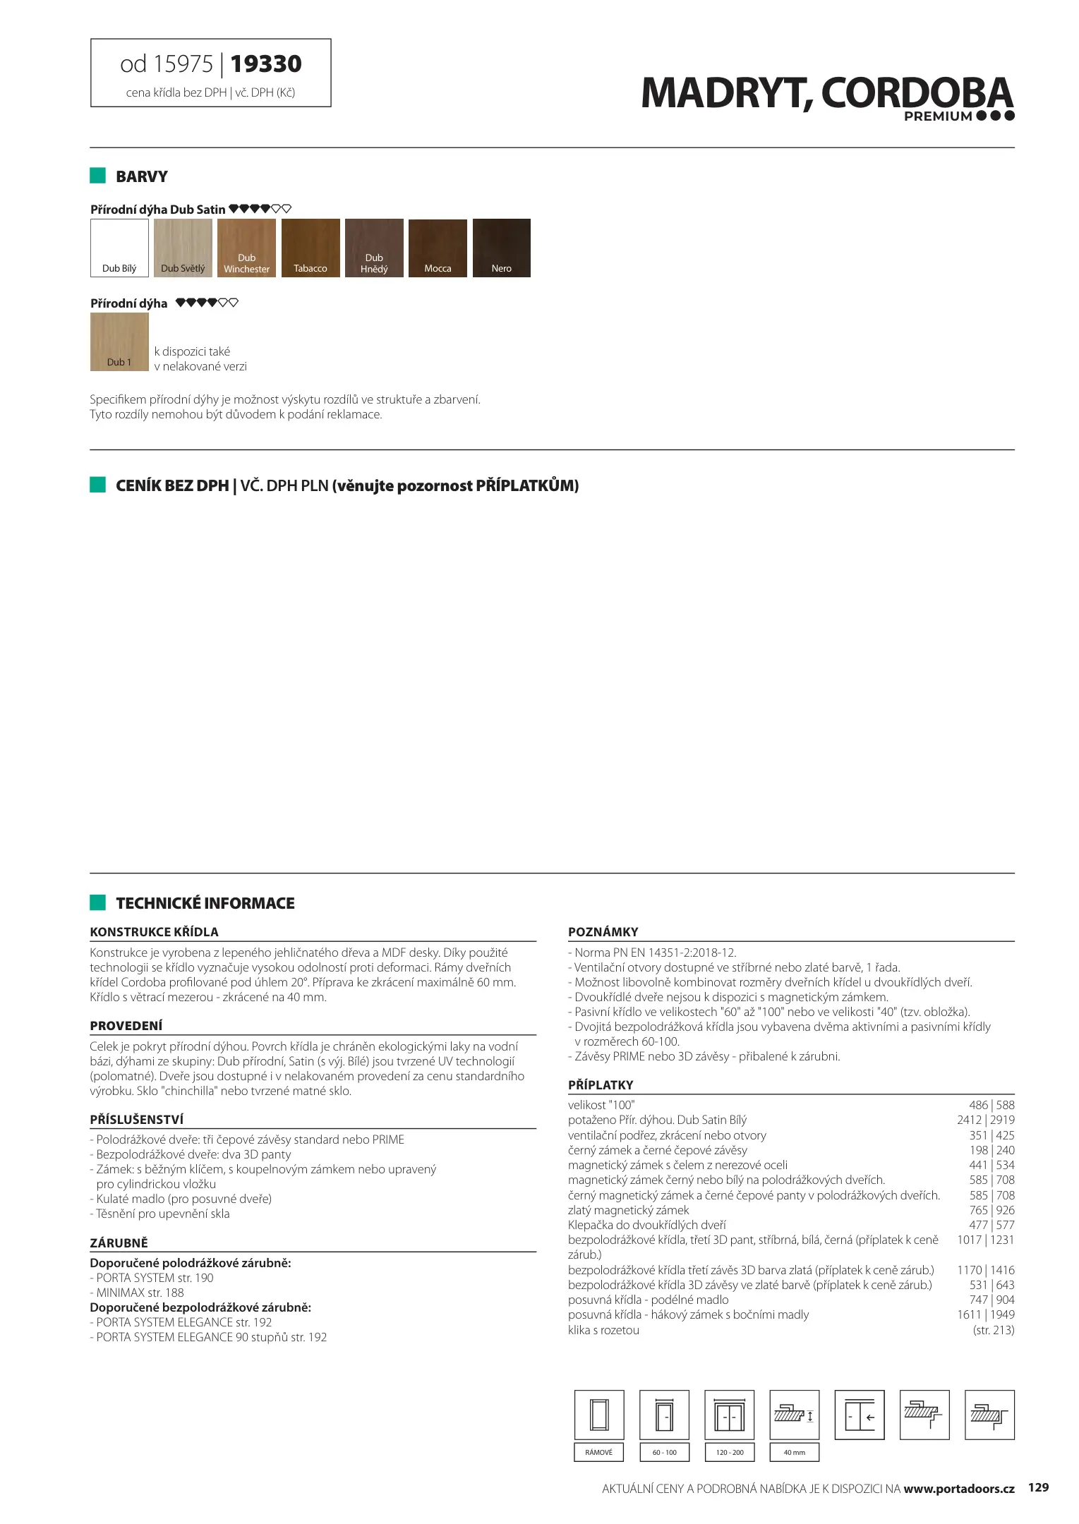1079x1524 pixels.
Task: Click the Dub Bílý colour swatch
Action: pos(119,248)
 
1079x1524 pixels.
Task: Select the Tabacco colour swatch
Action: pos(311,248)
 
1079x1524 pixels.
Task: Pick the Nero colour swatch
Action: pos(501,248)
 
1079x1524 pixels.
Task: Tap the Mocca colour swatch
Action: pos(438,248)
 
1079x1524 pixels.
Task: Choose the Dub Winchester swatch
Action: pos(246,248)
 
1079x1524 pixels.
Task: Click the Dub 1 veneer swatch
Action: pos(119,342)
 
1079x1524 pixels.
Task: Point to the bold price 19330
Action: pos(266,64)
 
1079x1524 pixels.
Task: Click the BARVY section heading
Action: pos(142,176)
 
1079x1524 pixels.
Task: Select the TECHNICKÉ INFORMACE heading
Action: pos(205,903)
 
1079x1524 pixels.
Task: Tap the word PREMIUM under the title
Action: pos(938,116)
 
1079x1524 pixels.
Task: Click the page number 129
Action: pos(1038,1488)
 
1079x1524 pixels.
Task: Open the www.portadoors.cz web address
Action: pos(959,1489)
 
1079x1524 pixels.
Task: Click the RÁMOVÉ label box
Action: pos(599,1452)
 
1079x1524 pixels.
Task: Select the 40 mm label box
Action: pos(794,1452)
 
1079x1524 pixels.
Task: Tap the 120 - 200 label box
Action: pos(730,1452)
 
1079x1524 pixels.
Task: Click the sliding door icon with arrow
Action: pos(860,1415)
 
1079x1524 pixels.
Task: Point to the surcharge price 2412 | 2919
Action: pos(985,1120)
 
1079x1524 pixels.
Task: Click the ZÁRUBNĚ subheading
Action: pos(119,1242)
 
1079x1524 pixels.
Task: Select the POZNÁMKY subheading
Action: pos(603,931)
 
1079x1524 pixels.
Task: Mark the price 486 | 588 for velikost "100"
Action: pos(991,1105)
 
